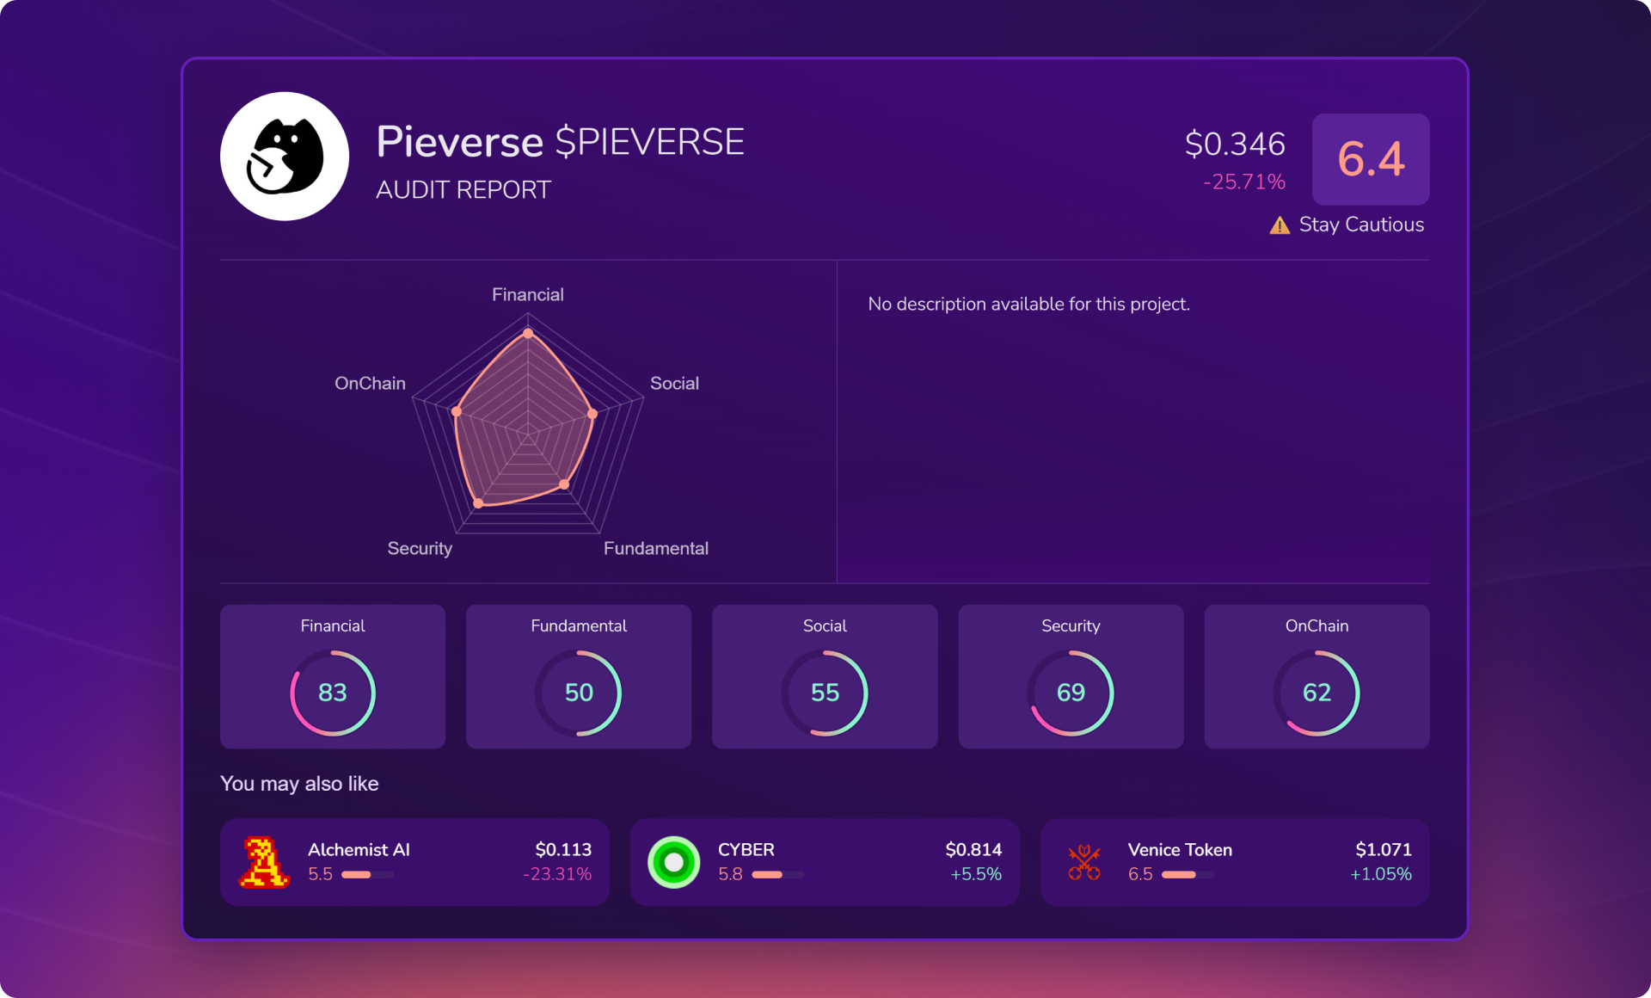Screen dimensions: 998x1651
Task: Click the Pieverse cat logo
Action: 285,157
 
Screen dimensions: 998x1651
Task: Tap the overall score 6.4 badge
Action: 1371,159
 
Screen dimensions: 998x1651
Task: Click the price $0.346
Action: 1235,144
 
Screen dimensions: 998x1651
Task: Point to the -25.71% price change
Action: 1243,182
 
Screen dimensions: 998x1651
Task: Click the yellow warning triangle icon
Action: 1280,225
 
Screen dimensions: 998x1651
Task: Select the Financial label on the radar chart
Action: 527,294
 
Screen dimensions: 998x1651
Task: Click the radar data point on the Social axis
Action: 592,414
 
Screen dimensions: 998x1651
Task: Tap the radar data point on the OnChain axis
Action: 457,411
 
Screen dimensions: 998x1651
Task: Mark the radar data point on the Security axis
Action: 479,502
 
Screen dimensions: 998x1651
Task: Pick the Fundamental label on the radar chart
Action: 655,548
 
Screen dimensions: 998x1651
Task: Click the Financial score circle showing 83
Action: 333,693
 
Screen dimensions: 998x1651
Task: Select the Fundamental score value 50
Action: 579,693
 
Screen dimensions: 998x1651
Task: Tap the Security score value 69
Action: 1071,693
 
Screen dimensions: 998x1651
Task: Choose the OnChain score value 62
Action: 1317,693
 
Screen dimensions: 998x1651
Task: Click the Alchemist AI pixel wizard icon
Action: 263,862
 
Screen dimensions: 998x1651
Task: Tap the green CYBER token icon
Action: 674,862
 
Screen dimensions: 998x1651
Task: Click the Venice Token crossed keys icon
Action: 1083,862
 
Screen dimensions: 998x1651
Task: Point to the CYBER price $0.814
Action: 973,850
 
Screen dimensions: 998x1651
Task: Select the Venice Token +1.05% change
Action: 1380,874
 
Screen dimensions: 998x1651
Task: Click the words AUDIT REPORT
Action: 463,190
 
